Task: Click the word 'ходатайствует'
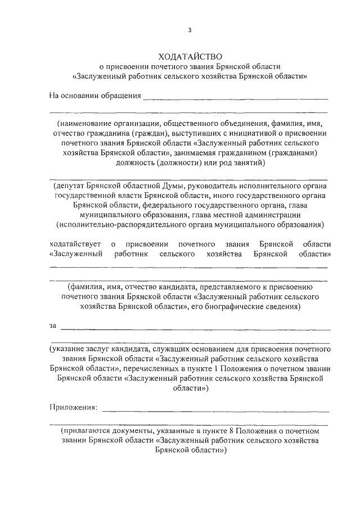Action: click(75, 244)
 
